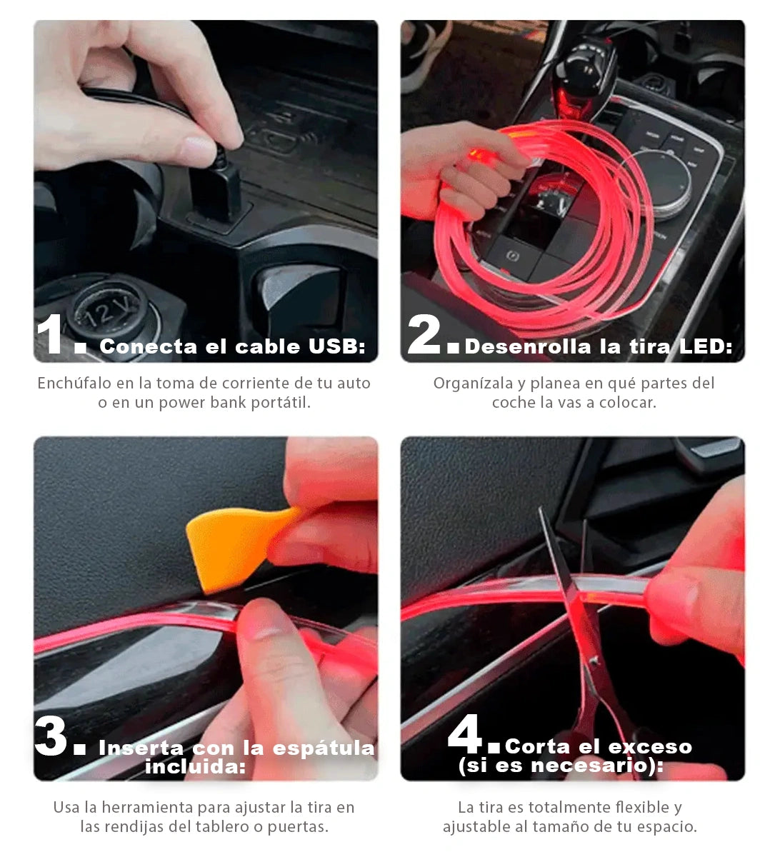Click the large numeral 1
pos(51,334)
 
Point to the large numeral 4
pos(464,734)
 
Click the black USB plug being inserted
pos(216,189)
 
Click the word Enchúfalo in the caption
pos(74,383)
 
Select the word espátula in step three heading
pos(324,748)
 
